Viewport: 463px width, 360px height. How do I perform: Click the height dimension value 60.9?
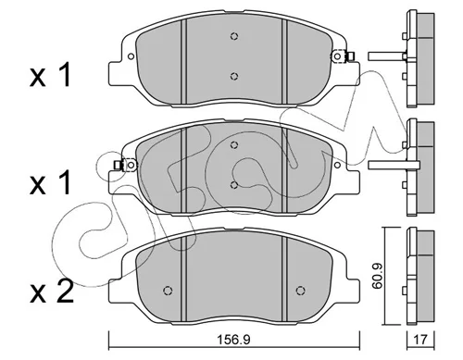click(377, 276)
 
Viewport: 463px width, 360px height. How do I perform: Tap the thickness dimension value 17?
click(420, 340)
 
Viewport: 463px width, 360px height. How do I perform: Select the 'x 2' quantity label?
click(52, 291)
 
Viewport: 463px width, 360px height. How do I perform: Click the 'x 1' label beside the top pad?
click(50, 75)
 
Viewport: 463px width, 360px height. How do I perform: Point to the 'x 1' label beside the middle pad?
click(50, 183)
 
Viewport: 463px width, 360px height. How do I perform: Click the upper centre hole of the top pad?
click(234, 36)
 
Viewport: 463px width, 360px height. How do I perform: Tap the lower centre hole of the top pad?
click(234, 76)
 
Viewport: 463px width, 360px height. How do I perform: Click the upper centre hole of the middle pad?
click(234, 144)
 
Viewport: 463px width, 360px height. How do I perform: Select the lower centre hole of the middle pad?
click(234, 184)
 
